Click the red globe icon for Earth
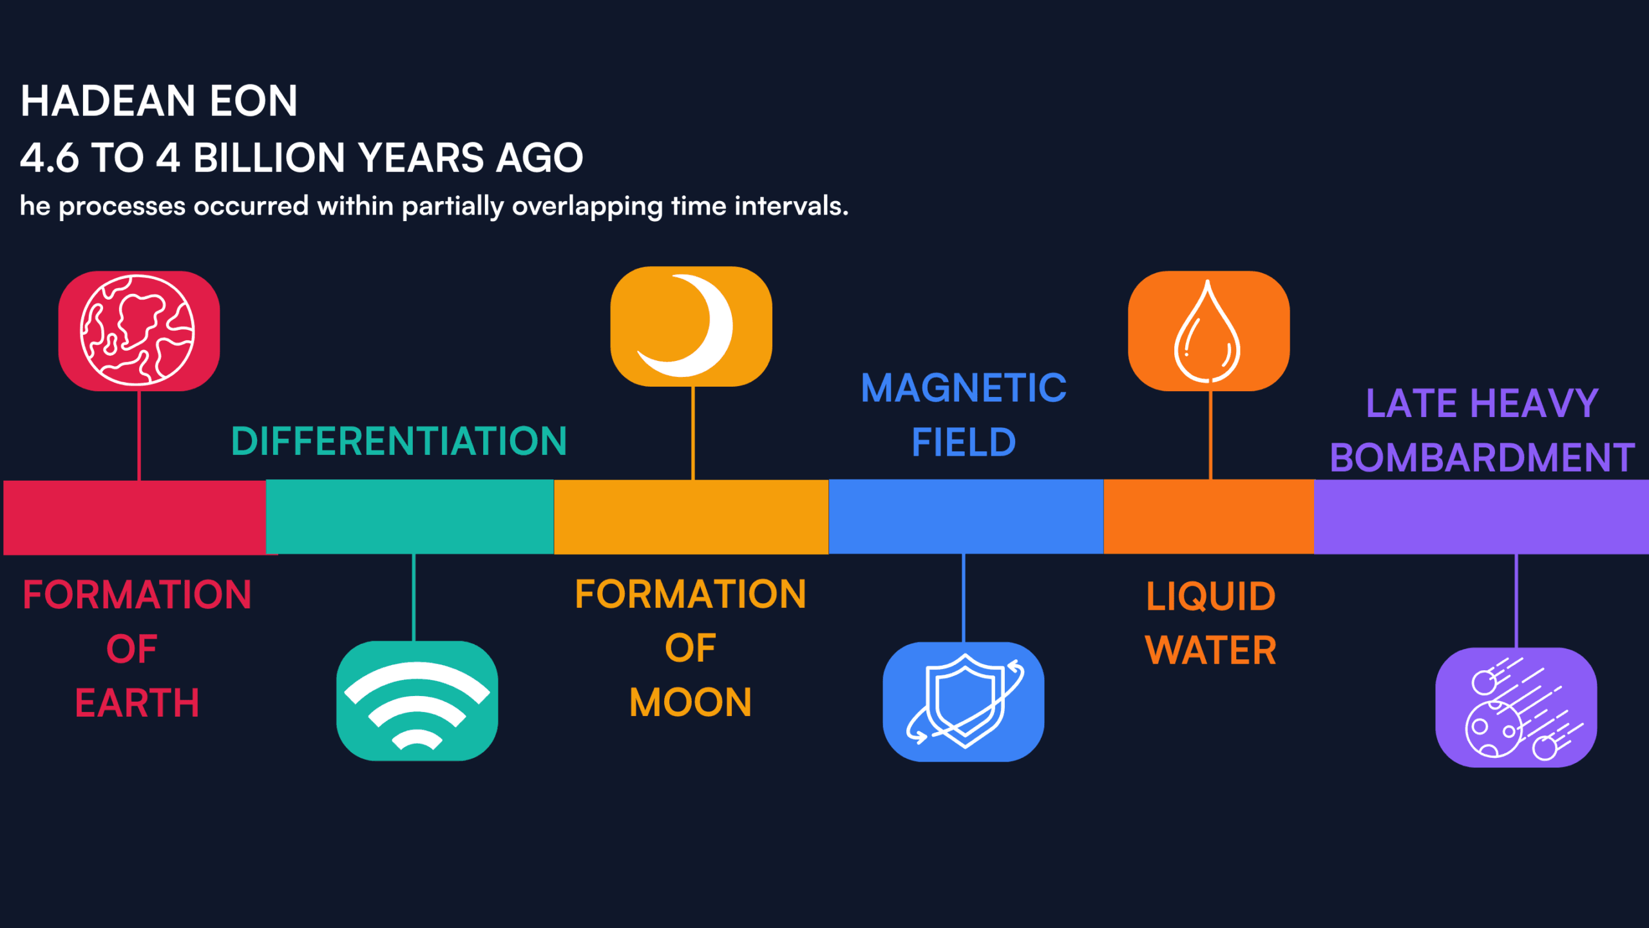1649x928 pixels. coord(138,331)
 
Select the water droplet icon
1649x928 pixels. coord(1208,331)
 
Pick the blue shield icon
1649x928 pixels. coord(964,701)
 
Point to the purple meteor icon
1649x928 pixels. coord(1516,708)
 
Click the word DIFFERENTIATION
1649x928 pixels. coord(399,441)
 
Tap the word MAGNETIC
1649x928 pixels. coord(964,388)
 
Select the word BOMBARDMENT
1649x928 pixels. coord(1482,458)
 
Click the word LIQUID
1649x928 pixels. coord(1210,596)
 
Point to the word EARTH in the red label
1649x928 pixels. coord(137,702)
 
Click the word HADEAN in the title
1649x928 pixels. coord(108,101)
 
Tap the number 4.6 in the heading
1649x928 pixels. coord(49,158)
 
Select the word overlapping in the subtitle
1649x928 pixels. coord(587,206)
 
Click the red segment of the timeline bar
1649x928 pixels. coord(135,517)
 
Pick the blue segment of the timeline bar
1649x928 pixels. coord(966,516)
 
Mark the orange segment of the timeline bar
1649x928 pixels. coord(1208,516)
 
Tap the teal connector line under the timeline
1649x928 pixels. coord(414,597)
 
